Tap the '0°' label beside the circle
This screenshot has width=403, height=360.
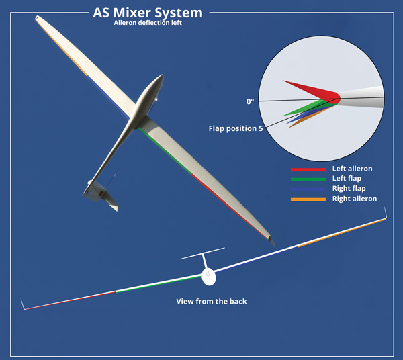point(250,102)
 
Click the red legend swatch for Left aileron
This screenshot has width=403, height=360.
point(308,169)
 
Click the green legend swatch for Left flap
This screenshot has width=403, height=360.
point(308,179)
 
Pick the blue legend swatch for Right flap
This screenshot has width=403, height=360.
point(308,189)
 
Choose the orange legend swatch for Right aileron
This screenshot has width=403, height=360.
point(308,199)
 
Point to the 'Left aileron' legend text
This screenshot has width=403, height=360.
point(352,169)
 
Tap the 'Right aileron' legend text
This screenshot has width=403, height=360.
point(355,199)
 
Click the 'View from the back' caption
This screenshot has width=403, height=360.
point(212,302)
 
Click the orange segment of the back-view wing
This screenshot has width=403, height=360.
point(339,231)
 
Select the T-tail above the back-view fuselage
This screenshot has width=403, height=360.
point(203,255)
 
